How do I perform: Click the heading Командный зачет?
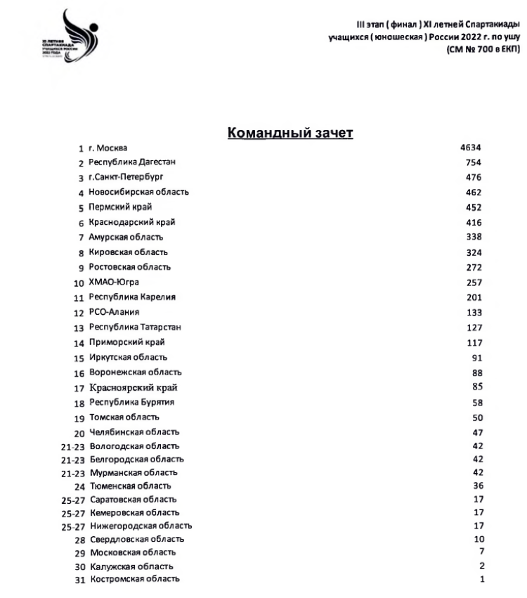click(290, 134)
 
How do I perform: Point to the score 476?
click(473, 177)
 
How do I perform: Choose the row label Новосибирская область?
click(138, 192)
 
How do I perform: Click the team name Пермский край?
click(120, 207)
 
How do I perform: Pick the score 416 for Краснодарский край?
click(473, 222)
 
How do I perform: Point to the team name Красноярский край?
click(134, 387)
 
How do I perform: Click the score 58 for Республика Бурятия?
click(477, 403)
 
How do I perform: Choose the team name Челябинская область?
click(134, 431)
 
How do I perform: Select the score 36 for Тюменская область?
click(477, 486)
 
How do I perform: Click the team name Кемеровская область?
click(134, 512)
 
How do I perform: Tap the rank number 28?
click(80, 540)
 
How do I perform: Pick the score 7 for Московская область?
click(481, 552)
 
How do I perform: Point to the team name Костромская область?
click(134, 579)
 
